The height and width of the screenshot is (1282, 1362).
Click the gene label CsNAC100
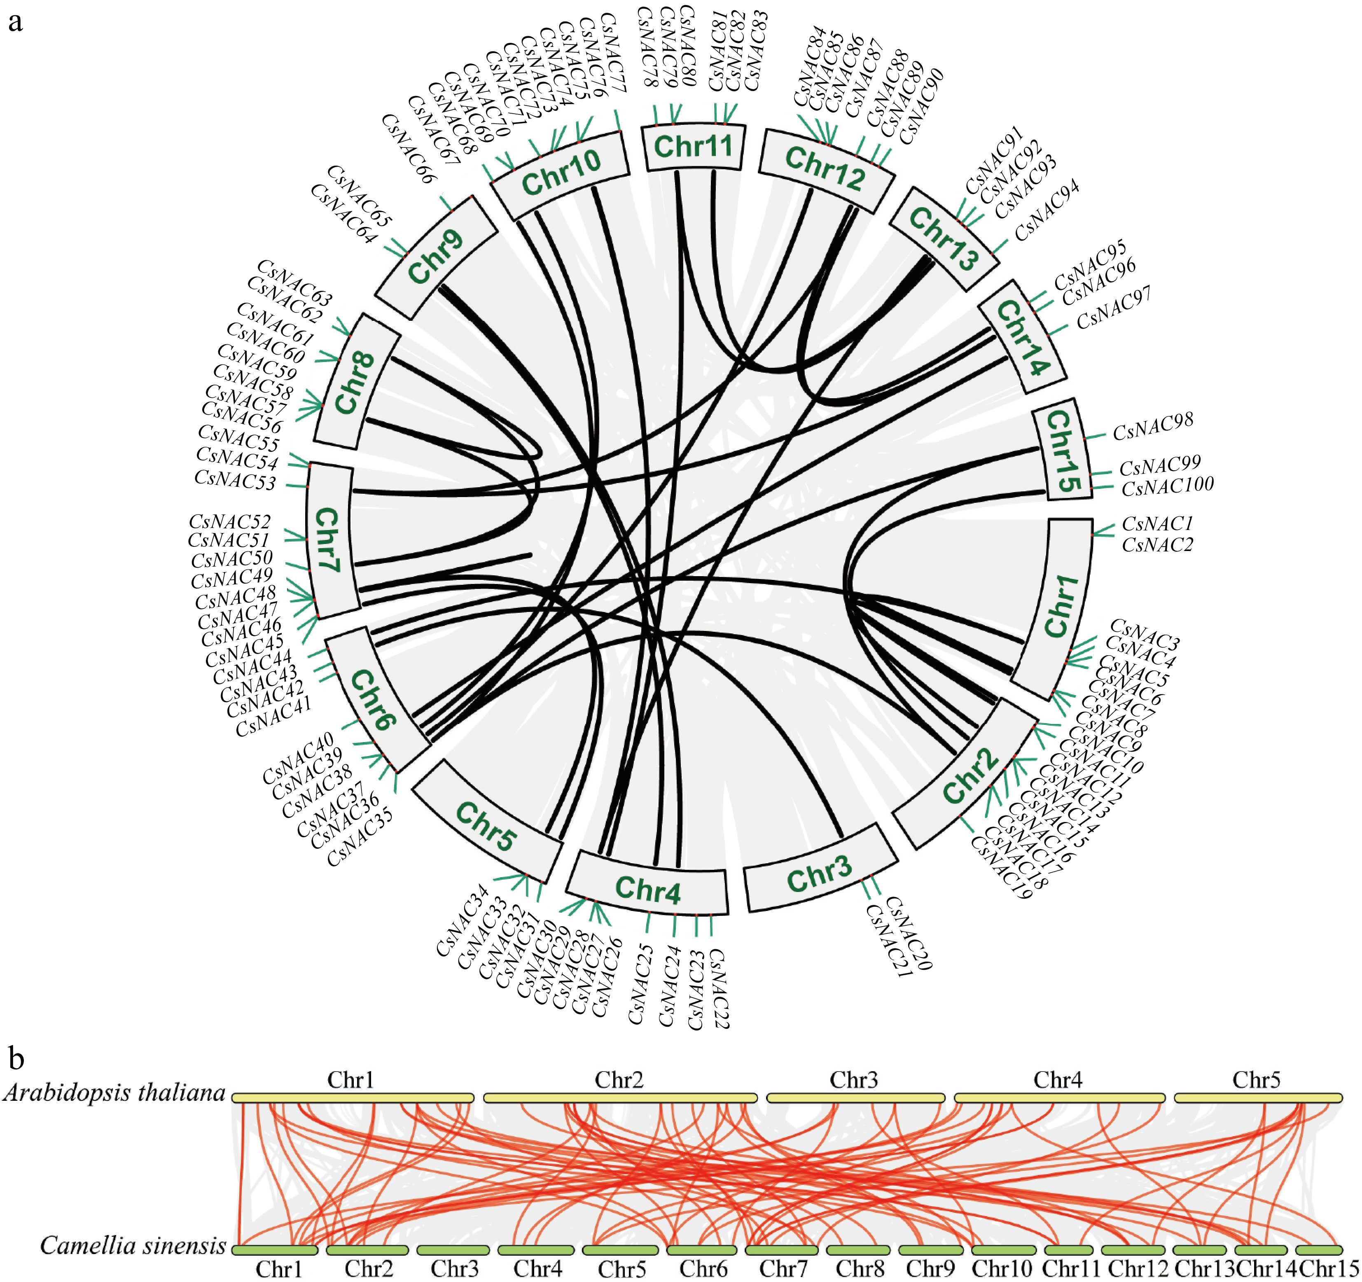(1168, 486)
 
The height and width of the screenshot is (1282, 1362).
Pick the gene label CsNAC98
(1153, 427)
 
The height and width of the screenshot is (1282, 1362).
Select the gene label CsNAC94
(1047, 210)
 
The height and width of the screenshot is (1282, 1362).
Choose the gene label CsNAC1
(1157, 523)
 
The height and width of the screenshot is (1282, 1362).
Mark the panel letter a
(15, 22)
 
